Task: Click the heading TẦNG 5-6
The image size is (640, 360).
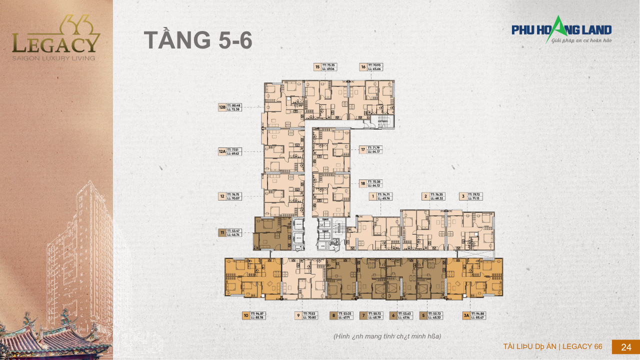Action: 198,40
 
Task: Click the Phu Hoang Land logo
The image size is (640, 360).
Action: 561,30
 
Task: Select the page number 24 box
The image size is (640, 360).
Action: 625,347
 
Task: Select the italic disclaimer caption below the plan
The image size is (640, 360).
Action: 387,336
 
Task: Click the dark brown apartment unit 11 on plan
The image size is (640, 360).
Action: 272,233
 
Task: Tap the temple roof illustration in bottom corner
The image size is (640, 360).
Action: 55,335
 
